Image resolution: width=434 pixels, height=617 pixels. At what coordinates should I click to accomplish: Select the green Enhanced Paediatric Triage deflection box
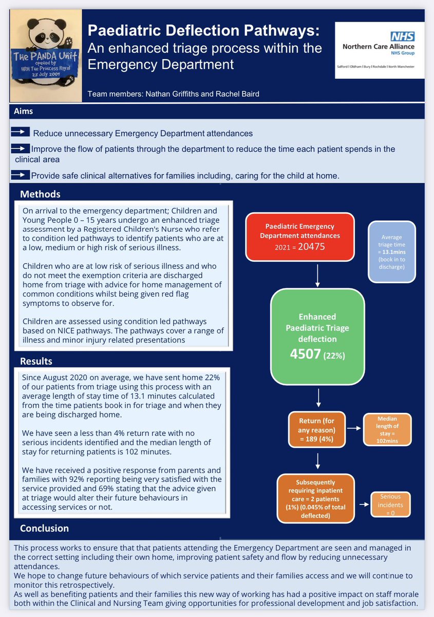(317, 337)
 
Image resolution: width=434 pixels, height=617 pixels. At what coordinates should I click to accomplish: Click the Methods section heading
(40, 194)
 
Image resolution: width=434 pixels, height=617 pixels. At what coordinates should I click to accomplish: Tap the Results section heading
(36, 361)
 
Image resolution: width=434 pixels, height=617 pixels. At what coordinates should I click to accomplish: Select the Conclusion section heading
(44, 528)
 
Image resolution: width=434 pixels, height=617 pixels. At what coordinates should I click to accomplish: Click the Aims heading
(24, 111)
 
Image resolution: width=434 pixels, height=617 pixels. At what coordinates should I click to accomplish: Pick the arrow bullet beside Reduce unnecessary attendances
(20, 133)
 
